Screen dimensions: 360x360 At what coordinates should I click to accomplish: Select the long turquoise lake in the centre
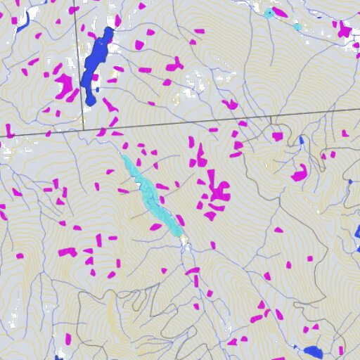pos(150,195)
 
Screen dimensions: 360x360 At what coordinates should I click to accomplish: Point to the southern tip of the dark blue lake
pos(91,103)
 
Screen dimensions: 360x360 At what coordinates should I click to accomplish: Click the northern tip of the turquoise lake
pos(123,155)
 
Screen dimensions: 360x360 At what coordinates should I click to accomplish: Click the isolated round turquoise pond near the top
pos(297,27)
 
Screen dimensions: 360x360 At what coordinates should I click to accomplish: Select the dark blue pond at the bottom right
pos(313,352)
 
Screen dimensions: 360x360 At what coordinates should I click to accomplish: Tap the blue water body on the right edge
pos(357,232)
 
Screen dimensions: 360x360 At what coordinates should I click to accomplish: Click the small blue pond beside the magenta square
pos(302,140)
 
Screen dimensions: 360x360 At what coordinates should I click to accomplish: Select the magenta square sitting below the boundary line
pos(277,136)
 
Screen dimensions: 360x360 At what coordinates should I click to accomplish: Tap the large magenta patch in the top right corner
pos(344,30)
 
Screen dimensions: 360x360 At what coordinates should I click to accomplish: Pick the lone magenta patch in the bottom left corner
pos(68,339)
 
